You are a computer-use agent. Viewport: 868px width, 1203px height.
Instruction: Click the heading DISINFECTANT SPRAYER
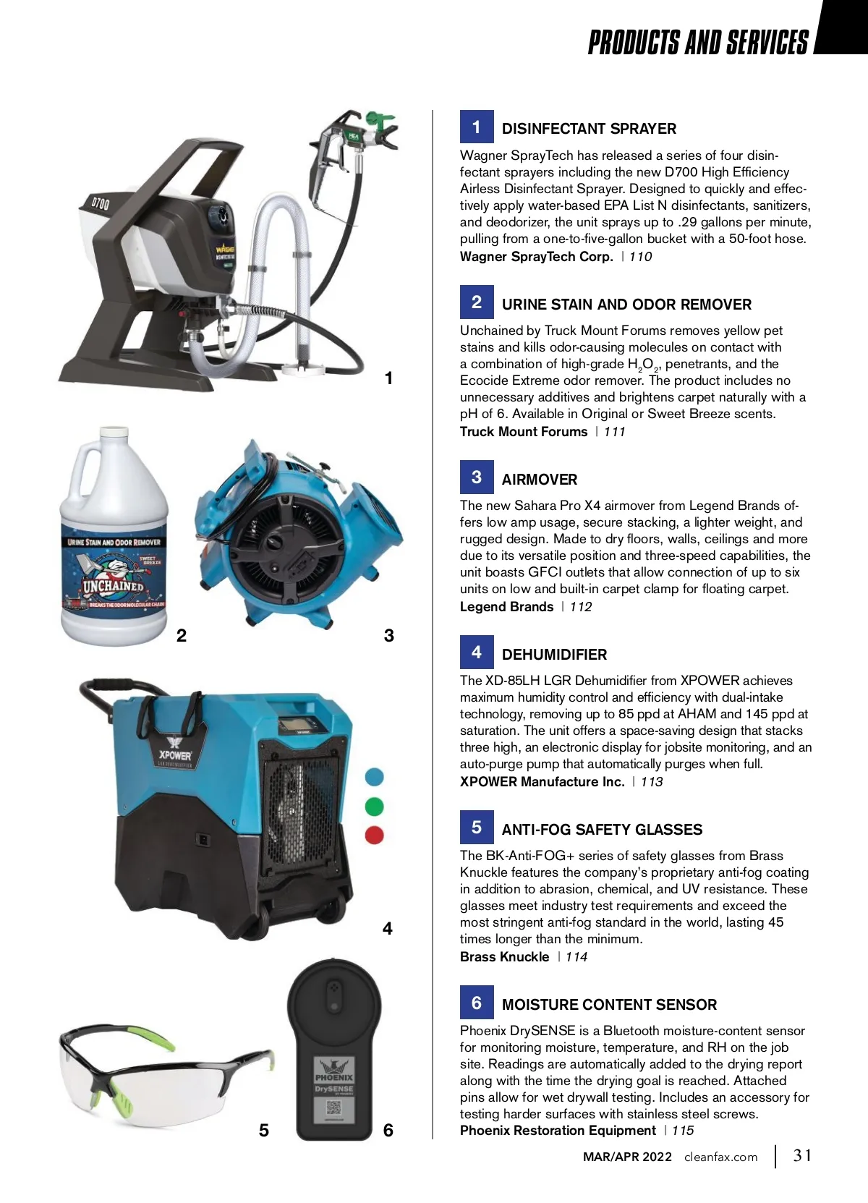(x=589, y=129)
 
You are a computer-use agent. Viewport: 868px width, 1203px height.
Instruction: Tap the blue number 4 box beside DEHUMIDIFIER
(x=477, y=652)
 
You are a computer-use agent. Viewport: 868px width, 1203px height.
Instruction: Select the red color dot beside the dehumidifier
(x=375, y=835)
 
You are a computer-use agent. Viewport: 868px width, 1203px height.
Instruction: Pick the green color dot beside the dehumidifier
(x=375, y=806)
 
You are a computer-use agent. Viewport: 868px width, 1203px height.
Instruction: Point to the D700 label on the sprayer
(x=100, y=203)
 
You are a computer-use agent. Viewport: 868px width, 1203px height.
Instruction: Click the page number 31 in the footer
(x=802, y=1155)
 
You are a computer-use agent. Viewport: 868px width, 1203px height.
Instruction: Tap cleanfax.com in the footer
(x=721, y=1157)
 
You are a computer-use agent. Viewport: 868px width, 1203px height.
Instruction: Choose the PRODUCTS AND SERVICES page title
(x=698, y=42)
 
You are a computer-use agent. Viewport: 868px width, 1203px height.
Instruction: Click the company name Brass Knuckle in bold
(x=504, y=956)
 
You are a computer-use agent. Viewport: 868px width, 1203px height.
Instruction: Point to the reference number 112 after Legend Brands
(x=581, y=606)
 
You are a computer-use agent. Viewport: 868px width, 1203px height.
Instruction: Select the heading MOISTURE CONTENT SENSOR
(x=609, y=1004)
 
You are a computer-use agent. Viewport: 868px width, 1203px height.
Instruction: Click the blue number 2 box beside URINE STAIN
(x=477, y=302)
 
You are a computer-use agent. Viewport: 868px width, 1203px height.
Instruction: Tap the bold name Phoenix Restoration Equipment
(x=558, y=1131)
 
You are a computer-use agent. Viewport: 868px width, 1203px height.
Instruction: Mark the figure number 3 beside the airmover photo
(x=389, y=635)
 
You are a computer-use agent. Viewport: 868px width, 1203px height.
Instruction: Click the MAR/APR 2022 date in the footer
(x=627, y=1157)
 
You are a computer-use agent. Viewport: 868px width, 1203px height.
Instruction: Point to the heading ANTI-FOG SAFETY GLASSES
(x=602, y=829)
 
